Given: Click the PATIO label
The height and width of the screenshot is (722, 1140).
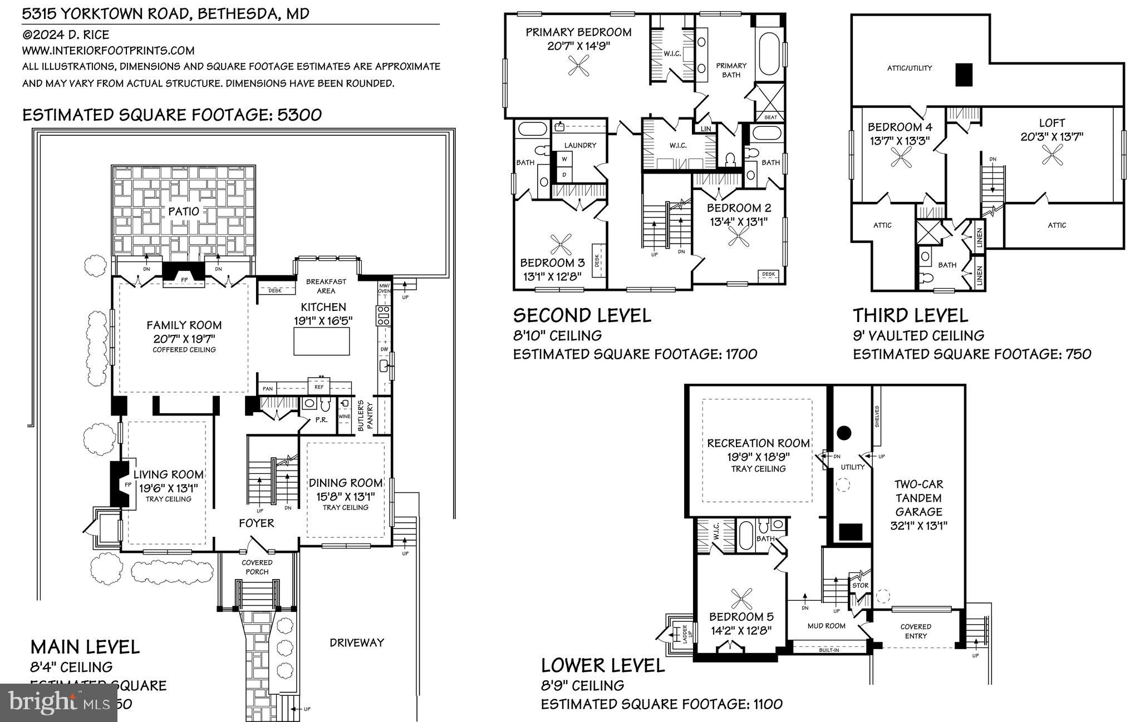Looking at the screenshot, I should coord(184,211).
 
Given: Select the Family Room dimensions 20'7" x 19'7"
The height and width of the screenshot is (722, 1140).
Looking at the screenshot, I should coord(184,338).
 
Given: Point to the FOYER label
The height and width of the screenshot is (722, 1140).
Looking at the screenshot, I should coord(257,523).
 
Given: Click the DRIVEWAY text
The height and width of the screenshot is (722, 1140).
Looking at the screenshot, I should coord(357,642).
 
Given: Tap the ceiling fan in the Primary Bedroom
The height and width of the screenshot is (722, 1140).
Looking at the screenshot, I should coord(579,68).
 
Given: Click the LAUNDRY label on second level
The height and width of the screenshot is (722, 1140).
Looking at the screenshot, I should coord(580,145).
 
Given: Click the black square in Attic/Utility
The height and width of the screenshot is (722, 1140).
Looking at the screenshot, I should coord(964,75).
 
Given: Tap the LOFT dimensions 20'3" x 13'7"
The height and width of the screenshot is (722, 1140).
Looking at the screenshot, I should coord(1051,136).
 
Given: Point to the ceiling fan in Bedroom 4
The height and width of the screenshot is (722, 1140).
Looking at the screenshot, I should coord(900,160).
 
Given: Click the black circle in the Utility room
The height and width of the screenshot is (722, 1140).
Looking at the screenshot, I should coord(844,432).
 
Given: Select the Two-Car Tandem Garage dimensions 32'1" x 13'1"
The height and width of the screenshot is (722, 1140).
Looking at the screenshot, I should coord(918,525).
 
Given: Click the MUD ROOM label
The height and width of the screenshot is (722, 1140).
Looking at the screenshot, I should coord(827,626).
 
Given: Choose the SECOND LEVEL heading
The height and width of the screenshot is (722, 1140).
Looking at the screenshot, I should coord(582,315).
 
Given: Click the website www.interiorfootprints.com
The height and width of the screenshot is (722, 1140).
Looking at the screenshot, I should coord(108,51).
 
